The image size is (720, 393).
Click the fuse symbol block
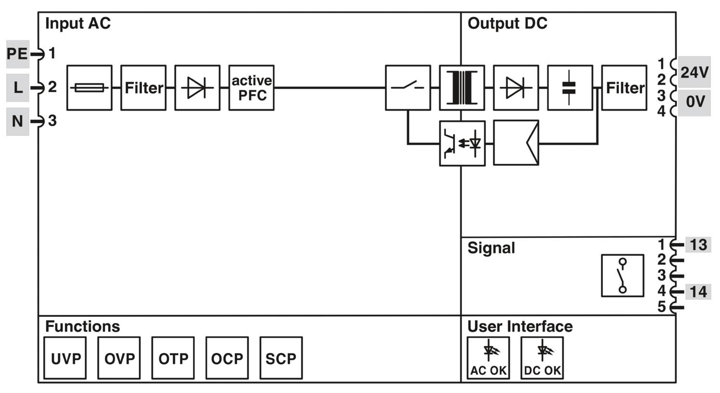89,88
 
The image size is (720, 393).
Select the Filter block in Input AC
144,88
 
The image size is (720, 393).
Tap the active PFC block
252,88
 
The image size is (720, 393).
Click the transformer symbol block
462,88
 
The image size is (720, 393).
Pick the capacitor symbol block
570,88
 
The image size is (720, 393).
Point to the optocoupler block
462,143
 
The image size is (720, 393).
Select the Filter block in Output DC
624,88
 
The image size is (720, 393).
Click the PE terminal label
17,54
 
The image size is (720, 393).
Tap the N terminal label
17,121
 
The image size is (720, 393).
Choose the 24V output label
694,72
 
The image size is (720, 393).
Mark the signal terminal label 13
698,245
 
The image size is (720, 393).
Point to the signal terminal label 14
698,291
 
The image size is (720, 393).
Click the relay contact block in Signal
623,276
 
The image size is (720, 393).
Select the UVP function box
65,358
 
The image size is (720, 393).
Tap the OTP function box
173,358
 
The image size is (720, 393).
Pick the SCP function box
281,358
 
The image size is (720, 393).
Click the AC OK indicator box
488,358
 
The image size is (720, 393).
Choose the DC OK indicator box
542,358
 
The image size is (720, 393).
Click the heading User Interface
520,326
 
